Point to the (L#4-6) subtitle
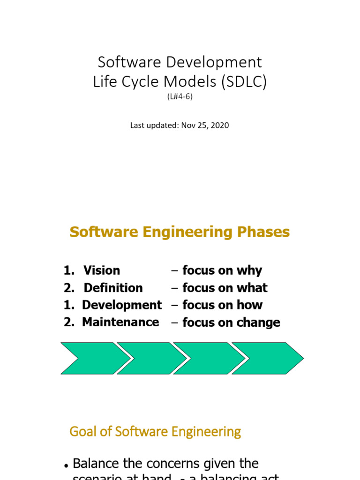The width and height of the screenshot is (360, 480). (180, 97)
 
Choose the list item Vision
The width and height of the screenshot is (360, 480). (102, 270)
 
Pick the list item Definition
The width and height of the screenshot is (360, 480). (113, 288)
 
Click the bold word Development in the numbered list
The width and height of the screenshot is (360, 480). (122, 305)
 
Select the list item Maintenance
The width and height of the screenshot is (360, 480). (120, 322)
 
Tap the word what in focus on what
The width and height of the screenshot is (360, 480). (252, 288)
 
